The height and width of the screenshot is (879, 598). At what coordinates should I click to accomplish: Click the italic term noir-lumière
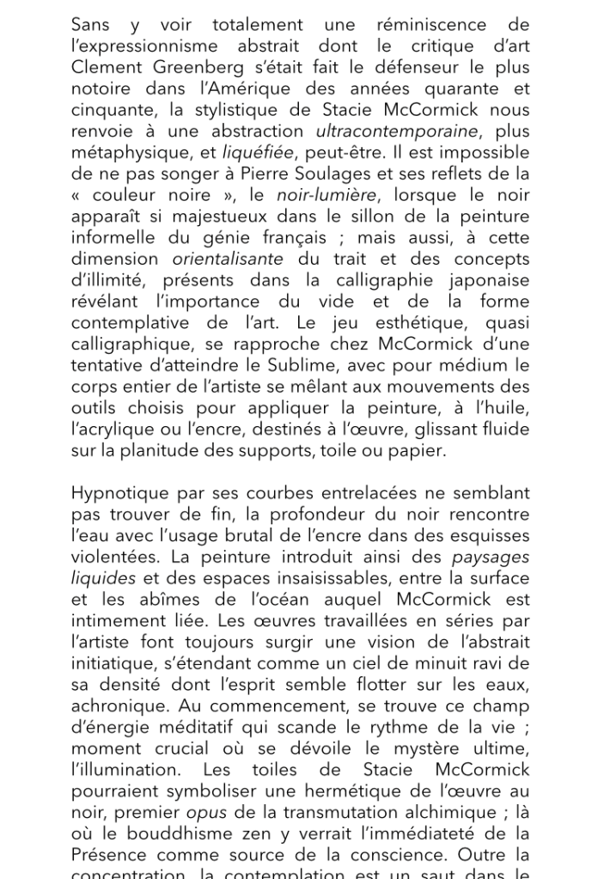(x=327, y=196)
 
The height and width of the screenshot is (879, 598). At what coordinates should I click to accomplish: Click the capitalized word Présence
(x=109, y=855)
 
